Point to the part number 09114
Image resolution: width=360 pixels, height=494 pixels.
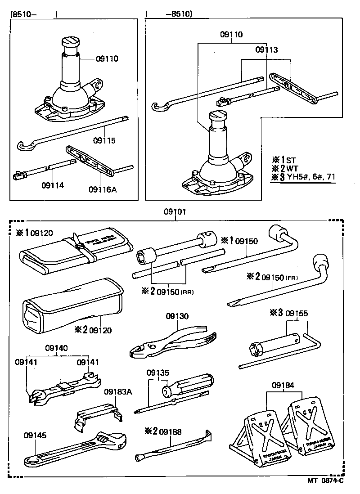53,185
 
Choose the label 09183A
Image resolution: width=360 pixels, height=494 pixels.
118,392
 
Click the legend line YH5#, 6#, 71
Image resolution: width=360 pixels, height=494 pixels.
309,177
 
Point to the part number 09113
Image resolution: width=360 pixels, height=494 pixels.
267,50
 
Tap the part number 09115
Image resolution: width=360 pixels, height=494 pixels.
105,141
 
